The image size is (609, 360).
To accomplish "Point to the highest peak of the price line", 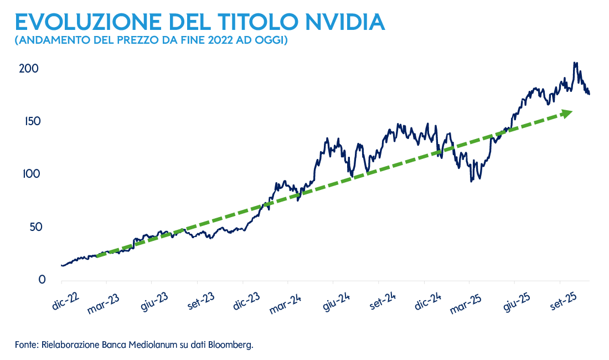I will (575, 63).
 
